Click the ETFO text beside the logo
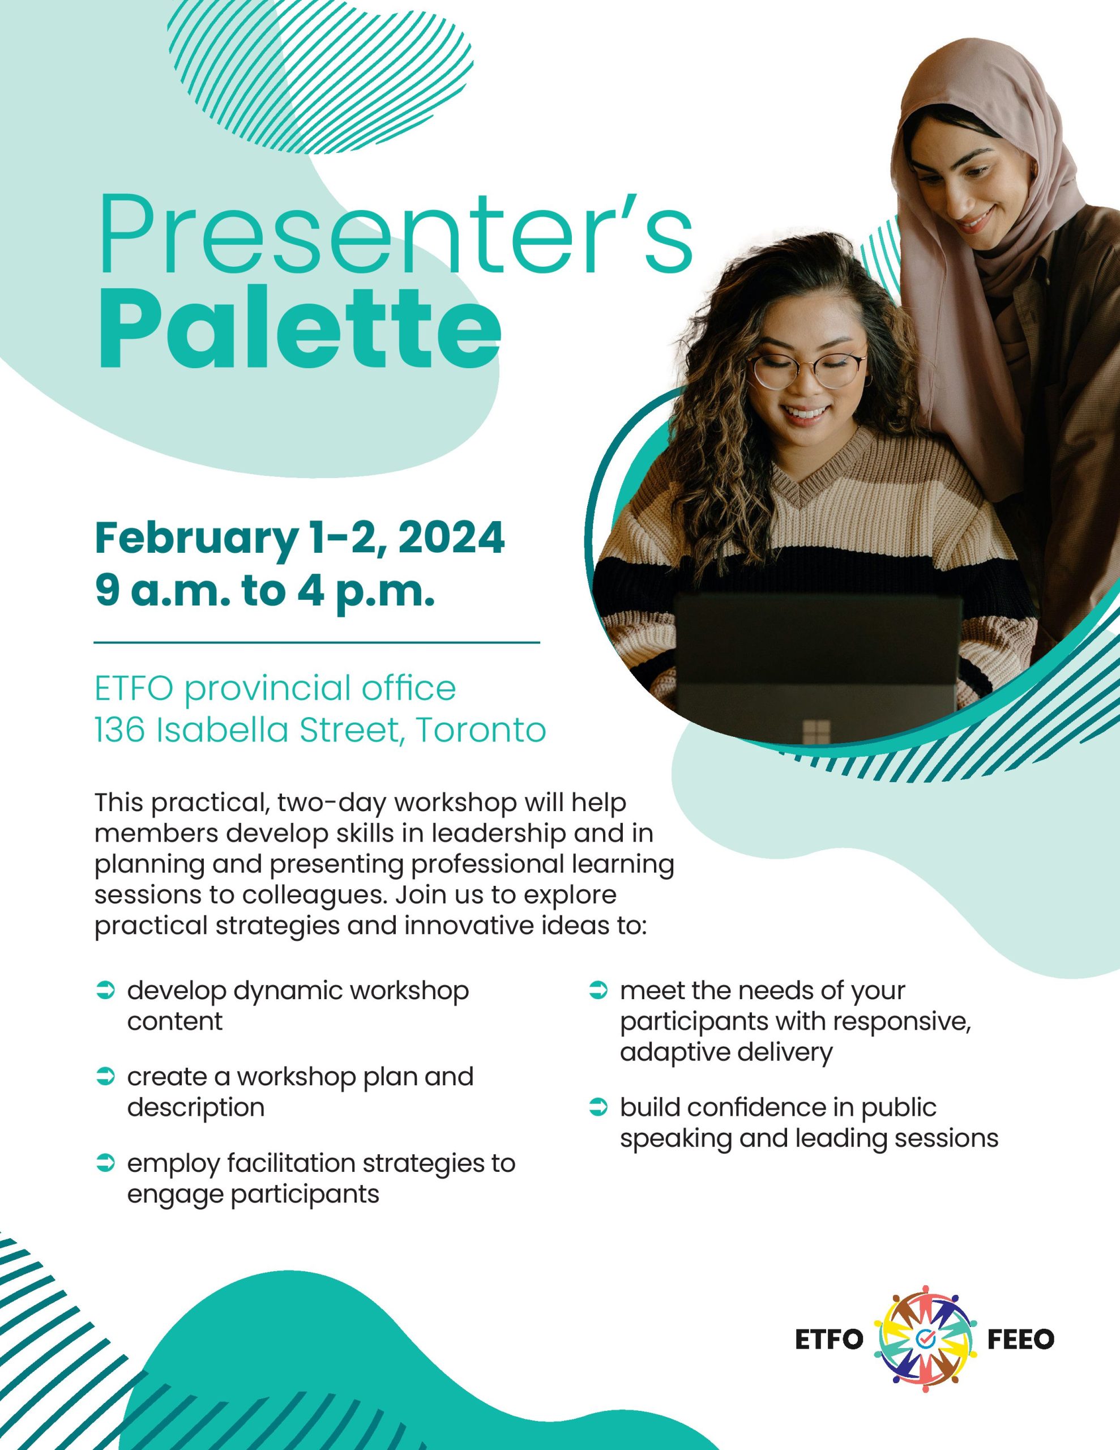pos(829,1339)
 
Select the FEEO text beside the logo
pos(1021,1339)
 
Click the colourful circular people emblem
pos(925,1339)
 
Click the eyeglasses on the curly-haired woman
pos(807,370)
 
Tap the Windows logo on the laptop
pos(817,732)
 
